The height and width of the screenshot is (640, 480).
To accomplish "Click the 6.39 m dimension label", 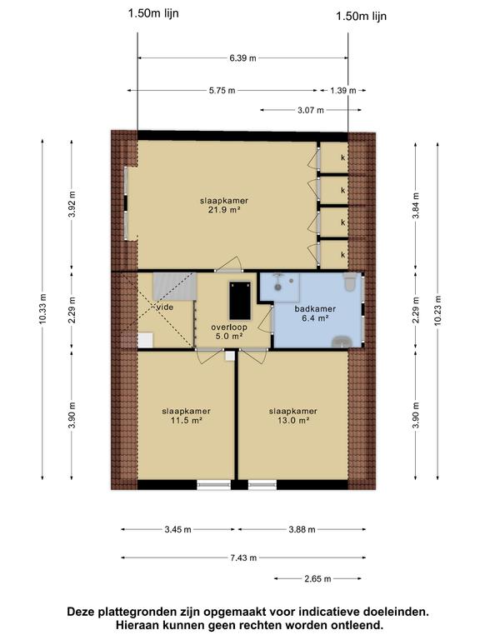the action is point(242,58).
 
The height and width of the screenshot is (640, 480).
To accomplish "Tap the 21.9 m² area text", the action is point(223,210).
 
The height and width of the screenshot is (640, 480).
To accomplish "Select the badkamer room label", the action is point(315,309).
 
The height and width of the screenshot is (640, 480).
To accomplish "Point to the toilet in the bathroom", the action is point(350,282).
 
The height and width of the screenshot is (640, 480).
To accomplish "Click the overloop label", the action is point(229,327).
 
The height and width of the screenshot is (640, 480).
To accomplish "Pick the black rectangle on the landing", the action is point(240,301).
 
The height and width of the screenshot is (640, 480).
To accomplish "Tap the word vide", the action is point(165,307).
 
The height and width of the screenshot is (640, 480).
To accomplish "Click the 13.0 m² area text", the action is point(292,420).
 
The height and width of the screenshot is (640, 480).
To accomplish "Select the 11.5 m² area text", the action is point(186,420).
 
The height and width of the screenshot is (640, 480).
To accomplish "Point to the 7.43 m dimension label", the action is point(243,557).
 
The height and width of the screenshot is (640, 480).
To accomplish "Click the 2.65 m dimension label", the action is point(318,579).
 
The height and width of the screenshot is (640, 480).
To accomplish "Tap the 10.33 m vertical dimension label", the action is point(42,309).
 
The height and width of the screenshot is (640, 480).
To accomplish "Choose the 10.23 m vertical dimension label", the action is point(438,310).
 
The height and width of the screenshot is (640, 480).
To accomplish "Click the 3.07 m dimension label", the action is point(311,110).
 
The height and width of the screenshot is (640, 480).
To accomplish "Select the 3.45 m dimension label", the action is point(178,530).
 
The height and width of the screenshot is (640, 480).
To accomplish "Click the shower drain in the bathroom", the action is point(278,287).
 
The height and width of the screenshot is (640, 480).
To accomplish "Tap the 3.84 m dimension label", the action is point(416,205).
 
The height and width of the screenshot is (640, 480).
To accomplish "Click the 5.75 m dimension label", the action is point(222,91).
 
